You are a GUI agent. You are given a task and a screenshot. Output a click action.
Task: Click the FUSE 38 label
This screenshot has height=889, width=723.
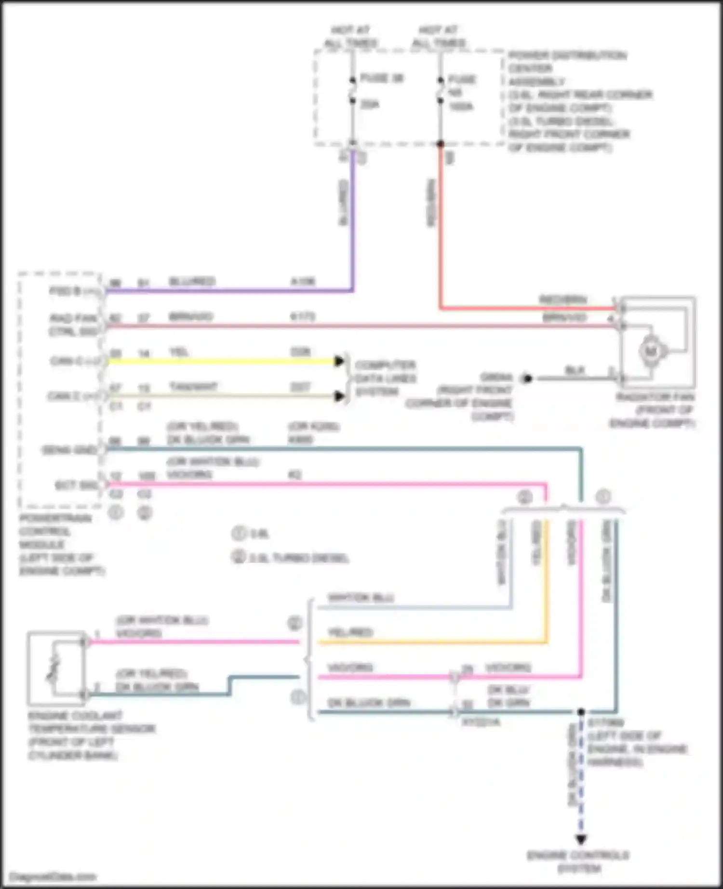pos(382,78)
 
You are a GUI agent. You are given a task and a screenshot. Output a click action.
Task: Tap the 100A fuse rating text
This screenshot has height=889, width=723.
pos(461,106)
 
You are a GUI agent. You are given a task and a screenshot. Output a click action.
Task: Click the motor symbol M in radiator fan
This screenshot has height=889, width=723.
pos(651,352)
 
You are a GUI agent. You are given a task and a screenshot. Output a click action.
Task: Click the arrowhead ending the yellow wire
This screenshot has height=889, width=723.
pos(340,361)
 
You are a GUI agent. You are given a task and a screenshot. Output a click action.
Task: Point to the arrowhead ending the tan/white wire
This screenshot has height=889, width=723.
pos(340,396)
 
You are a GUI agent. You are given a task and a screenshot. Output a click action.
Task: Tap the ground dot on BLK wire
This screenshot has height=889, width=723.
pos(527,379)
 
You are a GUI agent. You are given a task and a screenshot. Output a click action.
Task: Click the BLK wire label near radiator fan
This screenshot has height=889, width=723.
pos(575,370)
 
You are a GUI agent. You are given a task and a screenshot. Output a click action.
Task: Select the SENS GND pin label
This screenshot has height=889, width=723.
pos(69,450)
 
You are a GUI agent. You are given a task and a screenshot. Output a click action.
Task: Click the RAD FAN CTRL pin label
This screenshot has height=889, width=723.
pos(73,325)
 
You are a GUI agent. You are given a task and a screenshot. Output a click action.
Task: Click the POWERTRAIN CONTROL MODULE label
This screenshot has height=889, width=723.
pos(55,544)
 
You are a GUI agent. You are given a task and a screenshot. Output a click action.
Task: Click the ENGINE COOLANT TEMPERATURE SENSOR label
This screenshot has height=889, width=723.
pos(92,735)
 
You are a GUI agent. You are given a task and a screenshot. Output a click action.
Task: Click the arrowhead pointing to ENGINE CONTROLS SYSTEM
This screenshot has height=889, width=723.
pos(581,839)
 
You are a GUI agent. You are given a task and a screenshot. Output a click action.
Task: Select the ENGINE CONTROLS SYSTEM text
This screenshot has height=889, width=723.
pos(578,862)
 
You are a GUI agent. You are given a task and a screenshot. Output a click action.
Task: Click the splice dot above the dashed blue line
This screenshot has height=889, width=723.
pos(581,712)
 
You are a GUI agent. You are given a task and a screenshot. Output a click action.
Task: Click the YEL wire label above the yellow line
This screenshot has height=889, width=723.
pos(178,352)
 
